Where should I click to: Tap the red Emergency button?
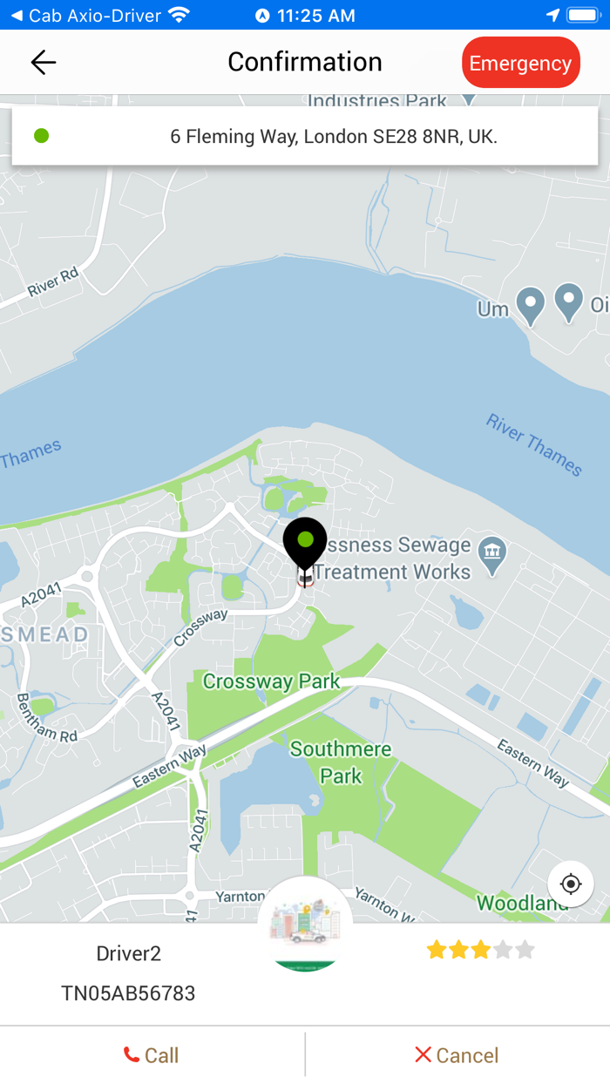coord(520,63)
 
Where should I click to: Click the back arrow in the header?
coord(43,62)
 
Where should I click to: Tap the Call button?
coord(152,1055)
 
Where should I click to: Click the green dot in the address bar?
coord(41,136)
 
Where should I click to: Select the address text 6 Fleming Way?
coord(334,137)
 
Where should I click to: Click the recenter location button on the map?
coord(571,884)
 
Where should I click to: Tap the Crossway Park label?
coord(271,681)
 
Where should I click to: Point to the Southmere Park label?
coord(341,762)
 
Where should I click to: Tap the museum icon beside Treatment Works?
coord(493,551)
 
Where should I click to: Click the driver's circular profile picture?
coord(305,925)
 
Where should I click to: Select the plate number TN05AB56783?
coord(128,993)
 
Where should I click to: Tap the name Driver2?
coord(128,953)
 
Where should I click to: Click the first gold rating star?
coord(437,950)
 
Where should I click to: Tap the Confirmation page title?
coord(305,62)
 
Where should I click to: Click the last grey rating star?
coord(525,950)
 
